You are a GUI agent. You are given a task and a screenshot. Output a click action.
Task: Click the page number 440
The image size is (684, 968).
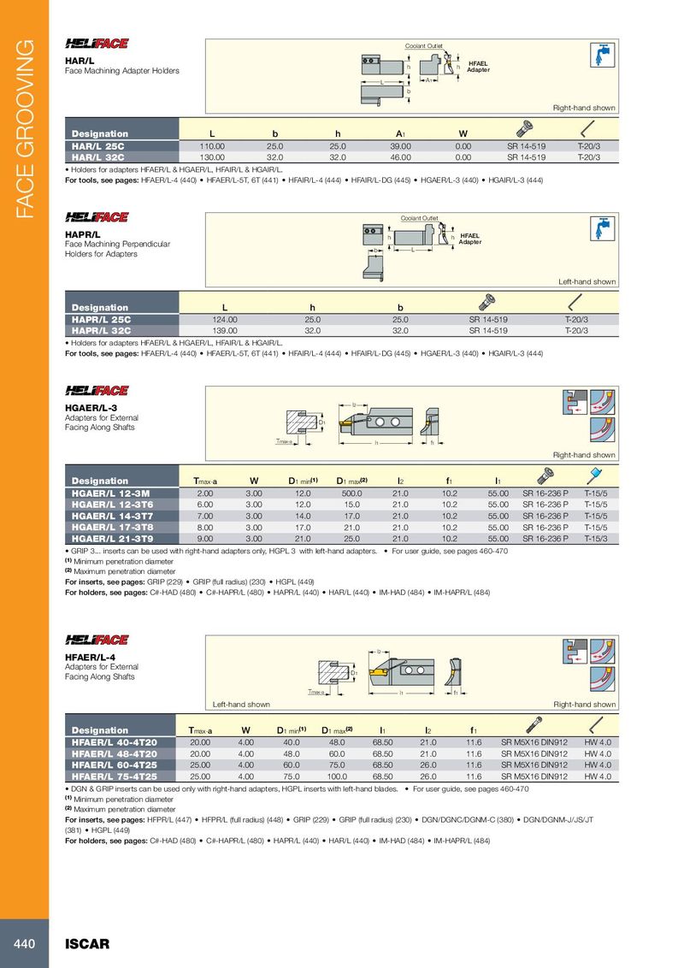point(23,944)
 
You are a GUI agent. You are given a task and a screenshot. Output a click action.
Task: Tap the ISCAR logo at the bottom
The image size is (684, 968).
point(87,944)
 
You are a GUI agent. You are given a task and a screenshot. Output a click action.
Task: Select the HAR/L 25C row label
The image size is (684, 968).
point(98,146)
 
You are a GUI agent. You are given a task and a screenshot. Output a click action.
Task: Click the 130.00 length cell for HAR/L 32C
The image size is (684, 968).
point(212,157)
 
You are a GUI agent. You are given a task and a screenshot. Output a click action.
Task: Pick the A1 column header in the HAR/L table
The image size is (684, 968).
point(399,133)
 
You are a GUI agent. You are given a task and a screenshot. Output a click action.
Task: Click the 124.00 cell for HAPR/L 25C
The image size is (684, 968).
point(224,320)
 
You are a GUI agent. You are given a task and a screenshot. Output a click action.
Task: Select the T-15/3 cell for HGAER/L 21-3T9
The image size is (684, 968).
point(596,539)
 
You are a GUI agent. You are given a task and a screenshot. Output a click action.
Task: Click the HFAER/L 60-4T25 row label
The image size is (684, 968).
point(115,764)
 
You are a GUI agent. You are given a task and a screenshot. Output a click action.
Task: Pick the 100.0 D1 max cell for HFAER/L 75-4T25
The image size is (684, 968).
point(338,776)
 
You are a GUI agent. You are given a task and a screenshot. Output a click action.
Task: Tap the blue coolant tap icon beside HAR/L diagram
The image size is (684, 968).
point(603,56)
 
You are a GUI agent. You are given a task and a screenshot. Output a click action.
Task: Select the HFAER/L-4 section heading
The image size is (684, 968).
point(91,657)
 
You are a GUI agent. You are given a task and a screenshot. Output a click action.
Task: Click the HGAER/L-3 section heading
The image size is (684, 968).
point(91,408)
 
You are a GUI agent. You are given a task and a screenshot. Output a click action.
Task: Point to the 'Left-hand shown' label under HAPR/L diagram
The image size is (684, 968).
point(587,281)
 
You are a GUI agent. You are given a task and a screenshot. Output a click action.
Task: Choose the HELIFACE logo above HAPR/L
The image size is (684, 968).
point(97,217)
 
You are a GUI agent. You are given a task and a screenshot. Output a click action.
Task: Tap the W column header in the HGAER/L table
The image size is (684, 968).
point(254,481)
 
